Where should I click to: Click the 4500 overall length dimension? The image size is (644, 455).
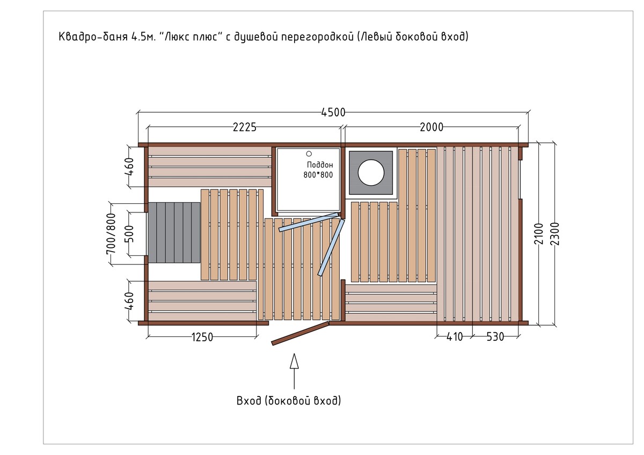(333, 112)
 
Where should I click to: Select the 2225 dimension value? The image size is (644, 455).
(244, 127)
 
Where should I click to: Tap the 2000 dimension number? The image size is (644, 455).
(431, 127)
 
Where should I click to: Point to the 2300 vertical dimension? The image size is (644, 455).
(555, 234)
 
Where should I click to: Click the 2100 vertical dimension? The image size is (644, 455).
(539, 234)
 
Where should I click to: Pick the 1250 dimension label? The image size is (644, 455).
(202, 337)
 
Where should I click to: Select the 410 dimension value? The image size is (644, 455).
(455, 336)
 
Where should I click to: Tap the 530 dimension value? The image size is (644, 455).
(495, 336)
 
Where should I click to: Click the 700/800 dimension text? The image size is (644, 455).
(111, 234)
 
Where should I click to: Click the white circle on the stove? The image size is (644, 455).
(371, 172)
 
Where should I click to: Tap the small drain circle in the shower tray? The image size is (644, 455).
(309, 154)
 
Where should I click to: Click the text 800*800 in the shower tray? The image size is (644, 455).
(318, 175)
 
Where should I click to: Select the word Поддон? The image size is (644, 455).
(320, 165)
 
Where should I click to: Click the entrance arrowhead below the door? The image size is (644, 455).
(294, 361)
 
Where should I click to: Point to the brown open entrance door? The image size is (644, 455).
(301, 333)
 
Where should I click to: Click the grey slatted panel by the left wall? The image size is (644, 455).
(174, 232)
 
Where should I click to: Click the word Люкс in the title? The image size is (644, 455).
(177, 37)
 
